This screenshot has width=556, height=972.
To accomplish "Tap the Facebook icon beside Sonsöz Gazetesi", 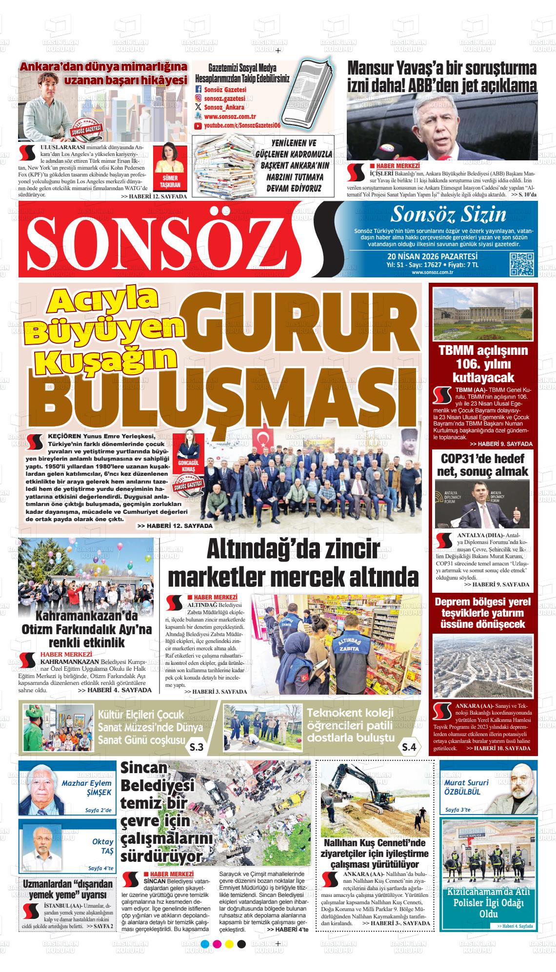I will point(198,90).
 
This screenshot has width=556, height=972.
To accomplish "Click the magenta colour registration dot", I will point(217,944).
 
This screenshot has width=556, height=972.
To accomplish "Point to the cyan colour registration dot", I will point(204,944).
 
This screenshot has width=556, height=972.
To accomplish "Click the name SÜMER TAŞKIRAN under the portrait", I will point(171,182).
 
